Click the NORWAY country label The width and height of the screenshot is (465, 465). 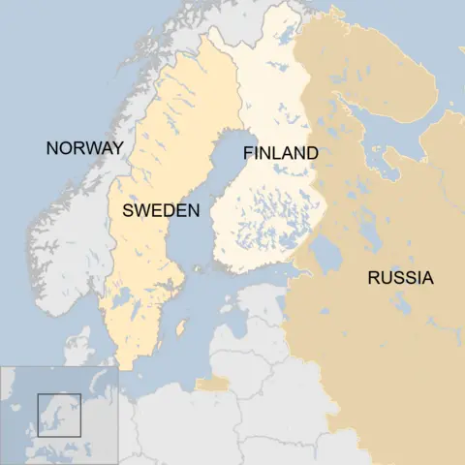coord(84,148)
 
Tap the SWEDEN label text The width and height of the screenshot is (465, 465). coord(161,210)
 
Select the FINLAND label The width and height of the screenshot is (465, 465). coord(281,153)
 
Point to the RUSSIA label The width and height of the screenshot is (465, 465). coord(400,279)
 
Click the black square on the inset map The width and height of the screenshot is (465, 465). coord(58,415)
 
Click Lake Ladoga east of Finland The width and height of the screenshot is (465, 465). coord(325,255)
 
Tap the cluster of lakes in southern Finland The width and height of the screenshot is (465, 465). coord(262,218)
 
